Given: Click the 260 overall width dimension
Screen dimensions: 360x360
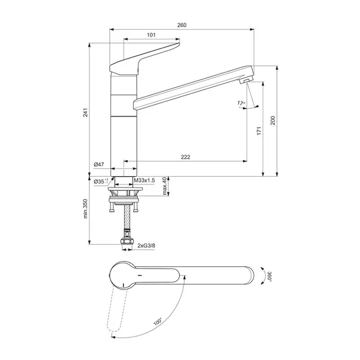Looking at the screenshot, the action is [181, 25].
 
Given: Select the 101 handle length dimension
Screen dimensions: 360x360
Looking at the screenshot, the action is [151, 35].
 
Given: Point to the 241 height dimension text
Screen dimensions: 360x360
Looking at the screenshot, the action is [85, 112].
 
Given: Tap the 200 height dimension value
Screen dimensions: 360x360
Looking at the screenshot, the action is [272, 121].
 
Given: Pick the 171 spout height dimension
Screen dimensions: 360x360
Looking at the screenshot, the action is [259, 131].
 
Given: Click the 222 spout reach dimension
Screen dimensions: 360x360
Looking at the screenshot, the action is [186, 157].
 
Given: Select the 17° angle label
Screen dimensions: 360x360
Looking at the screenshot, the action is [241, 103].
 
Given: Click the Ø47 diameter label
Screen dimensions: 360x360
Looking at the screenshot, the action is [99, 164].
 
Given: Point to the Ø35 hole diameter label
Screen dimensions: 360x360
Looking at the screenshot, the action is [101, 181].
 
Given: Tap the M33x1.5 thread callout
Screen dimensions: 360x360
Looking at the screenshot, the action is [144, 180].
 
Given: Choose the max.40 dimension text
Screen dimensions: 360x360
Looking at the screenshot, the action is [164, 186].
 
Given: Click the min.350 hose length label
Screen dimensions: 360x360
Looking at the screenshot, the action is [85, 208].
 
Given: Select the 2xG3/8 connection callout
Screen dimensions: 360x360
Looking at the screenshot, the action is [146, 245].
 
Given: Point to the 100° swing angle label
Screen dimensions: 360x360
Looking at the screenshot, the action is [158, 321].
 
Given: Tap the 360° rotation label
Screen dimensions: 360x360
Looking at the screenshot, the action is [269, 276].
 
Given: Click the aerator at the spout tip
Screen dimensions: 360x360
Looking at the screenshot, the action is [245, 81].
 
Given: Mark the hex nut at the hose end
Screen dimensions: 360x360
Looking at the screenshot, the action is [127, 241].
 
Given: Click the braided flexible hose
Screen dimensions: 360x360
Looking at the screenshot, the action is [127, 216].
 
